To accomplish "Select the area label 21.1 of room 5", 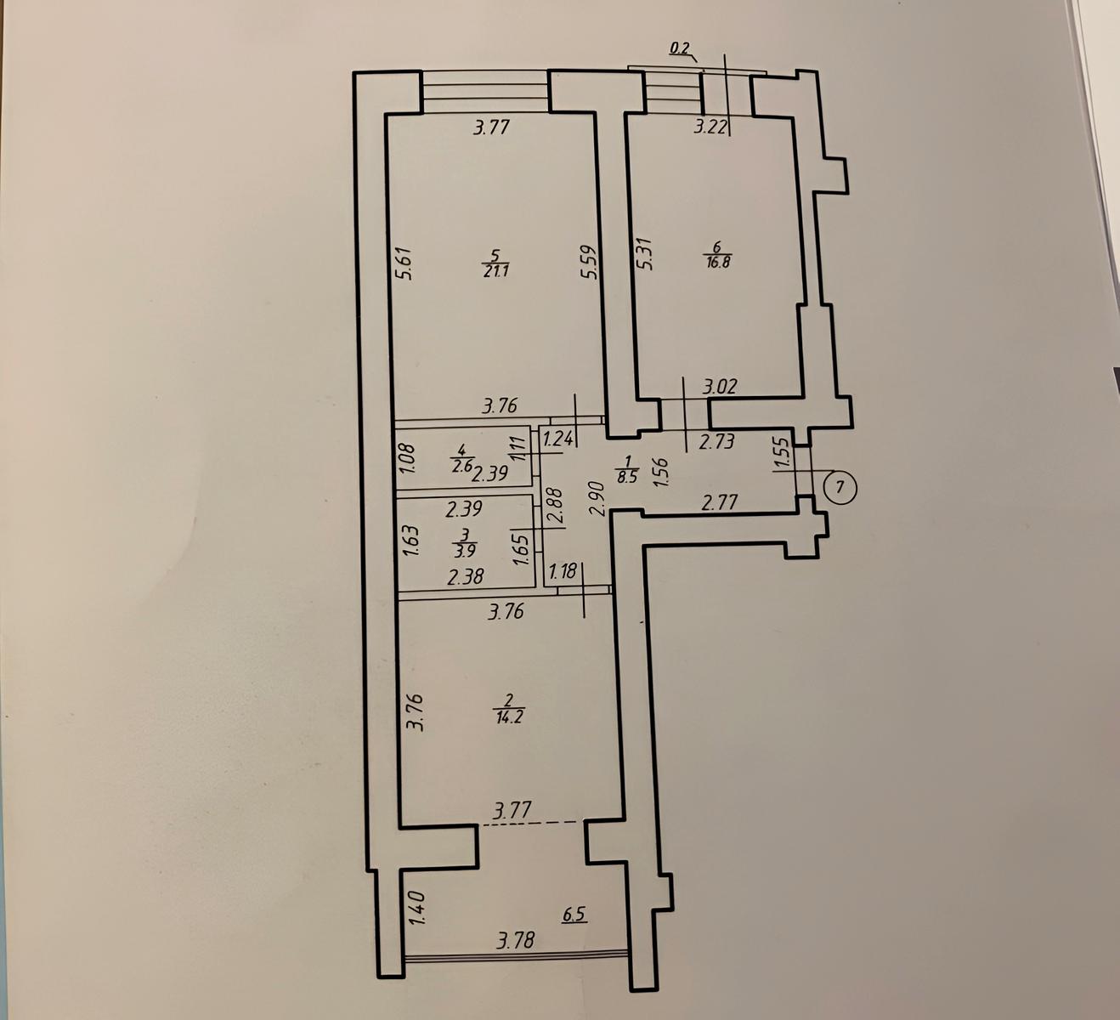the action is [495, 272].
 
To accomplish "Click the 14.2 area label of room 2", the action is [507, 717].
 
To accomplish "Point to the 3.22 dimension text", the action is [710, 127].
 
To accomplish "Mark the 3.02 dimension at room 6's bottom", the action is [721, 387].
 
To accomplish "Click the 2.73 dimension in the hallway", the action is [716, 442].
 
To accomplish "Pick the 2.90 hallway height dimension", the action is [597, 499].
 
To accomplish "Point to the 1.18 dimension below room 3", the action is [563, 571].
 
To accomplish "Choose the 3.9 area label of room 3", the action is [465, 552].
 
